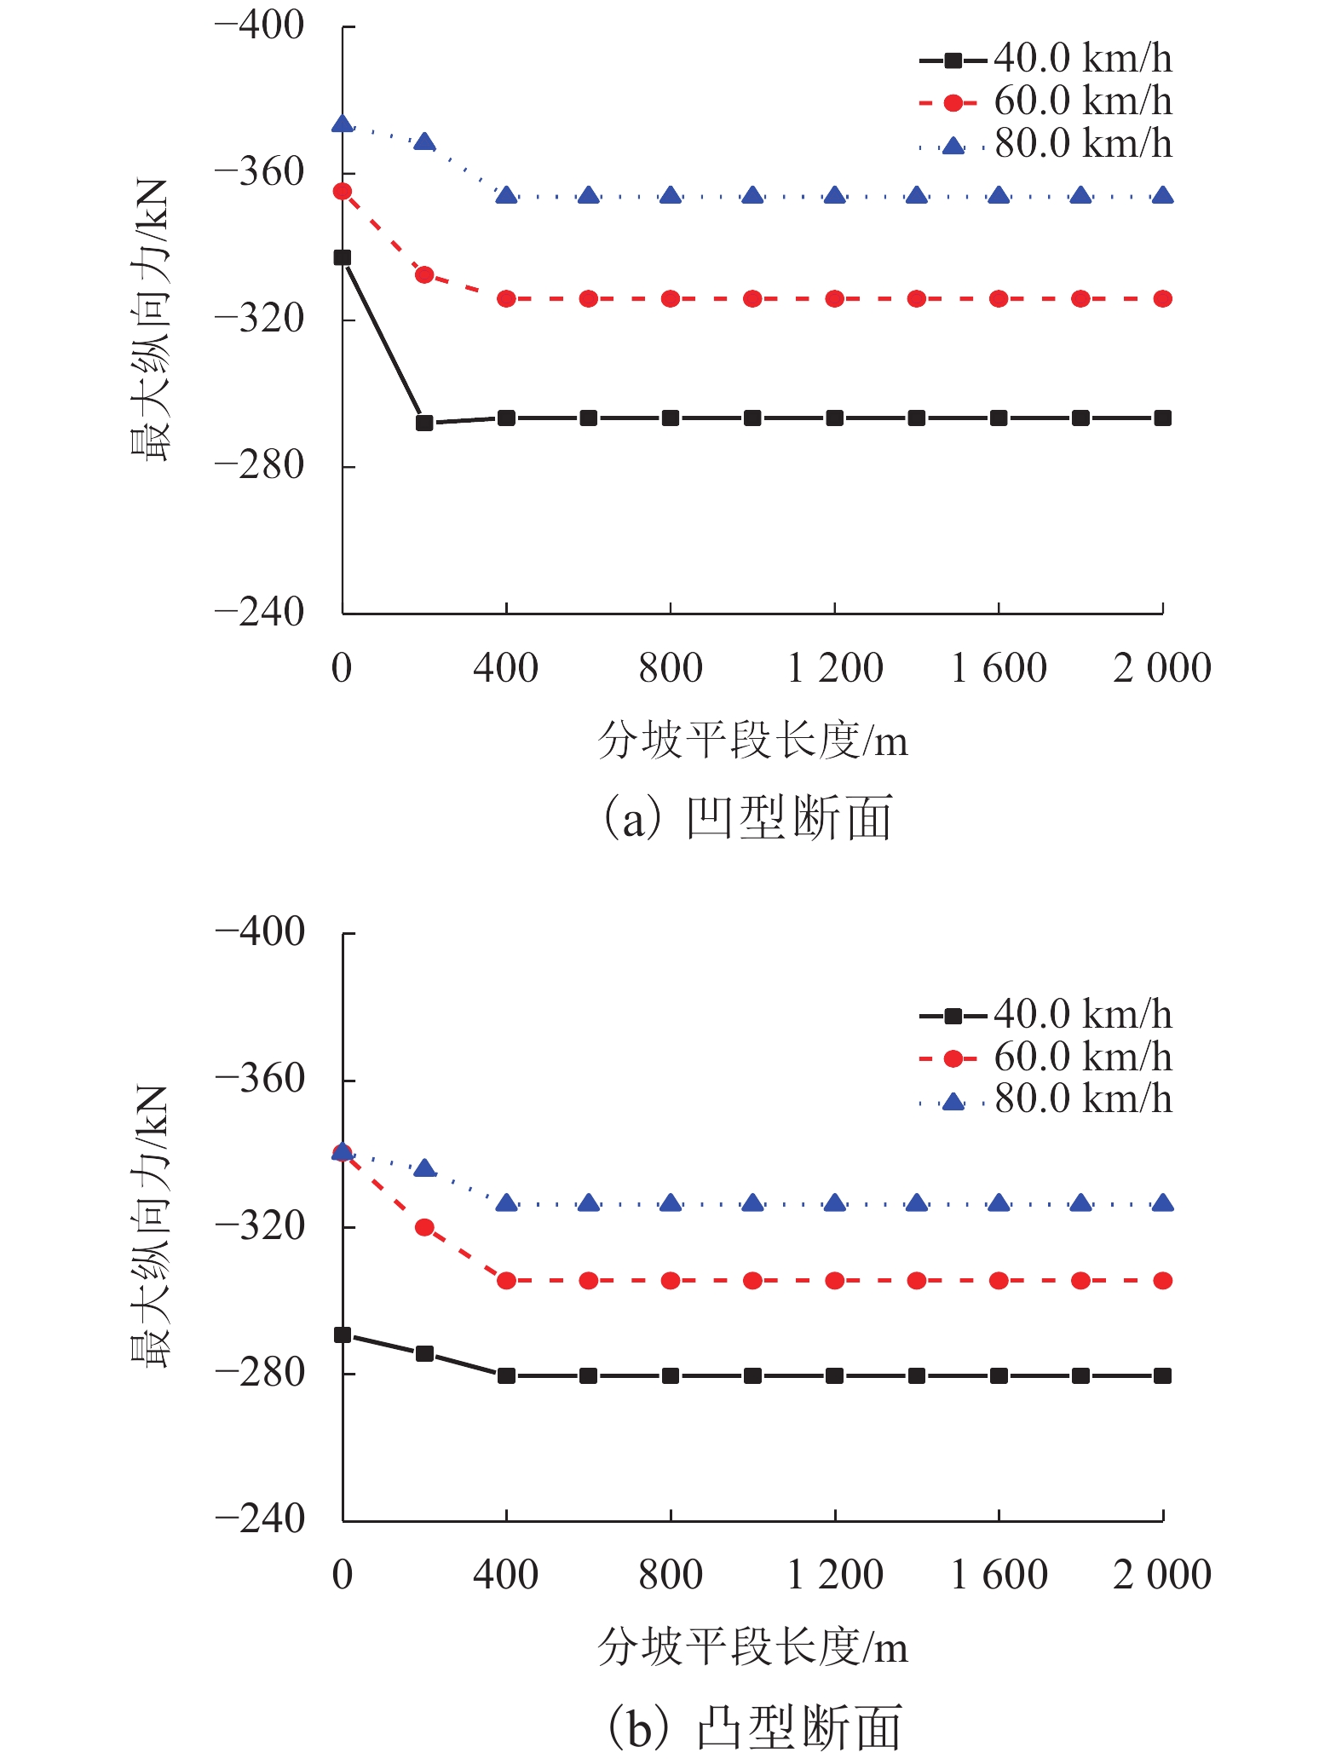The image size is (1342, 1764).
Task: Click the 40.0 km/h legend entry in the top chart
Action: tap(1046, 59)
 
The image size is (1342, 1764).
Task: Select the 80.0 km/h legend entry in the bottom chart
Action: tap(1046, 1099)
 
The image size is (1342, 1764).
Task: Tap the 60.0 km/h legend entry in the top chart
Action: tap(1046, 101)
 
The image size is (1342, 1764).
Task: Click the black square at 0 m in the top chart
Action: tap(343, 257)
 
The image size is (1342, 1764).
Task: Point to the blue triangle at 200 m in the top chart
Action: tap(424, 142)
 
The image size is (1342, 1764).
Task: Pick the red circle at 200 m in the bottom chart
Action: tap(424, 1228)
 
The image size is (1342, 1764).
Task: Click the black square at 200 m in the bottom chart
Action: tap(424, 1354)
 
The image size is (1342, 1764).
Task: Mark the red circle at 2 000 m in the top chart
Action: tap(1163, 299)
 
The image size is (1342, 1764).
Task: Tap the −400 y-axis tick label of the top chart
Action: tap(259, 26)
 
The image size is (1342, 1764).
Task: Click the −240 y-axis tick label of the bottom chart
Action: tap(259, 1519)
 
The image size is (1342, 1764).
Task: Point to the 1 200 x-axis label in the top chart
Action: tap(835, 668)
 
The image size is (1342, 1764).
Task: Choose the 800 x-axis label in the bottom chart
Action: tap(671, 1575)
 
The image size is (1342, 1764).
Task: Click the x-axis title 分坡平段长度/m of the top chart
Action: tap(752, 740)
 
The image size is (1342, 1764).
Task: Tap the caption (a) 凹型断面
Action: tap(748, 818)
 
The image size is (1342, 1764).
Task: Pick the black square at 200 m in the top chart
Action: tap(424, 423)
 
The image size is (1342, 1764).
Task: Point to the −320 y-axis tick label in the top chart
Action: tap(259, 320)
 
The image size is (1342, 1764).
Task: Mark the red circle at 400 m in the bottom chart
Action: tap(506, 1281)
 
